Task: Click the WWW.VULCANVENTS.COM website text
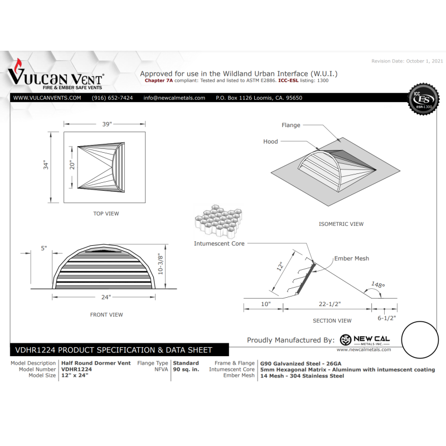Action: click(x=47, y=98)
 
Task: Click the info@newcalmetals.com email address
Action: click(x=174, y=98)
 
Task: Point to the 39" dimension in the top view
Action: click(x=106, y=124)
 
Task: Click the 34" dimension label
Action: click(x=47, y=166)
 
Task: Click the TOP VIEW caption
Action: click(x=106, y=214)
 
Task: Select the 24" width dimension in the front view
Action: click(x=106, y=297)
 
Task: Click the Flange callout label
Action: click(x=290, y=125)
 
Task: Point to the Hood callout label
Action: click(x=270, y=142)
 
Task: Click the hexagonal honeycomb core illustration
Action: click(x=218, y=222)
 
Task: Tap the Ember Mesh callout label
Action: click(x=351, y=259)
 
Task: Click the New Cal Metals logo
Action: click(x=365, y=340)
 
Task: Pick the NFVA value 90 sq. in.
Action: click(x=186, y=370)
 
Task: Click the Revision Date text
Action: click(x=408, y=60)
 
